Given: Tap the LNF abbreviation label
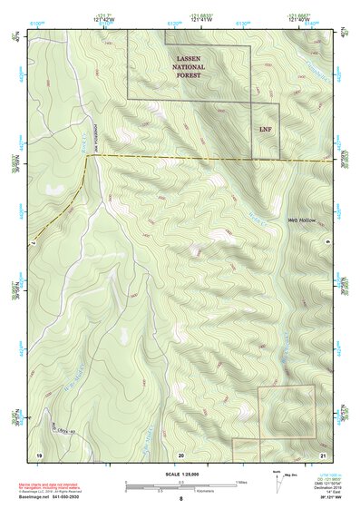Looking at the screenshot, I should pyautogui.click(x=265, y=128).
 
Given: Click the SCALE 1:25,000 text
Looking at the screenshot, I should pyautogui.click(x=180, y=475).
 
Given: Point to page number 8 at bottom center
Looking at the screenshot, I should pyautogui.click(x=180, y=500).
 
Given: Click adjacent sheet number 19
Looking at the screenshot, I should pyautogui.click(x=39, y=453).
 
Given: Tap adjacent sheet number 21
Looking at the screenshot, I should pyautogui.click(x=322, y=453).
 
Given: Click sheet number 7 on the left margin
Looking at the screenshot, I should pyautogui.click(x=32, y=243).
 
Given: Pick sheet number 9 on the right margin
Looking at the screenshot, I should pyautogui.click(x=328, y=243).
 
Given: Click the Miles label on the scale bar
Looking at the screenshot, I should pyautogui.click(x=240, y=481).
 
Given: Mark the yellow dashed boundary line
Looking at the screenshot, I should pyautogui.click(x=209, y=158).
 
